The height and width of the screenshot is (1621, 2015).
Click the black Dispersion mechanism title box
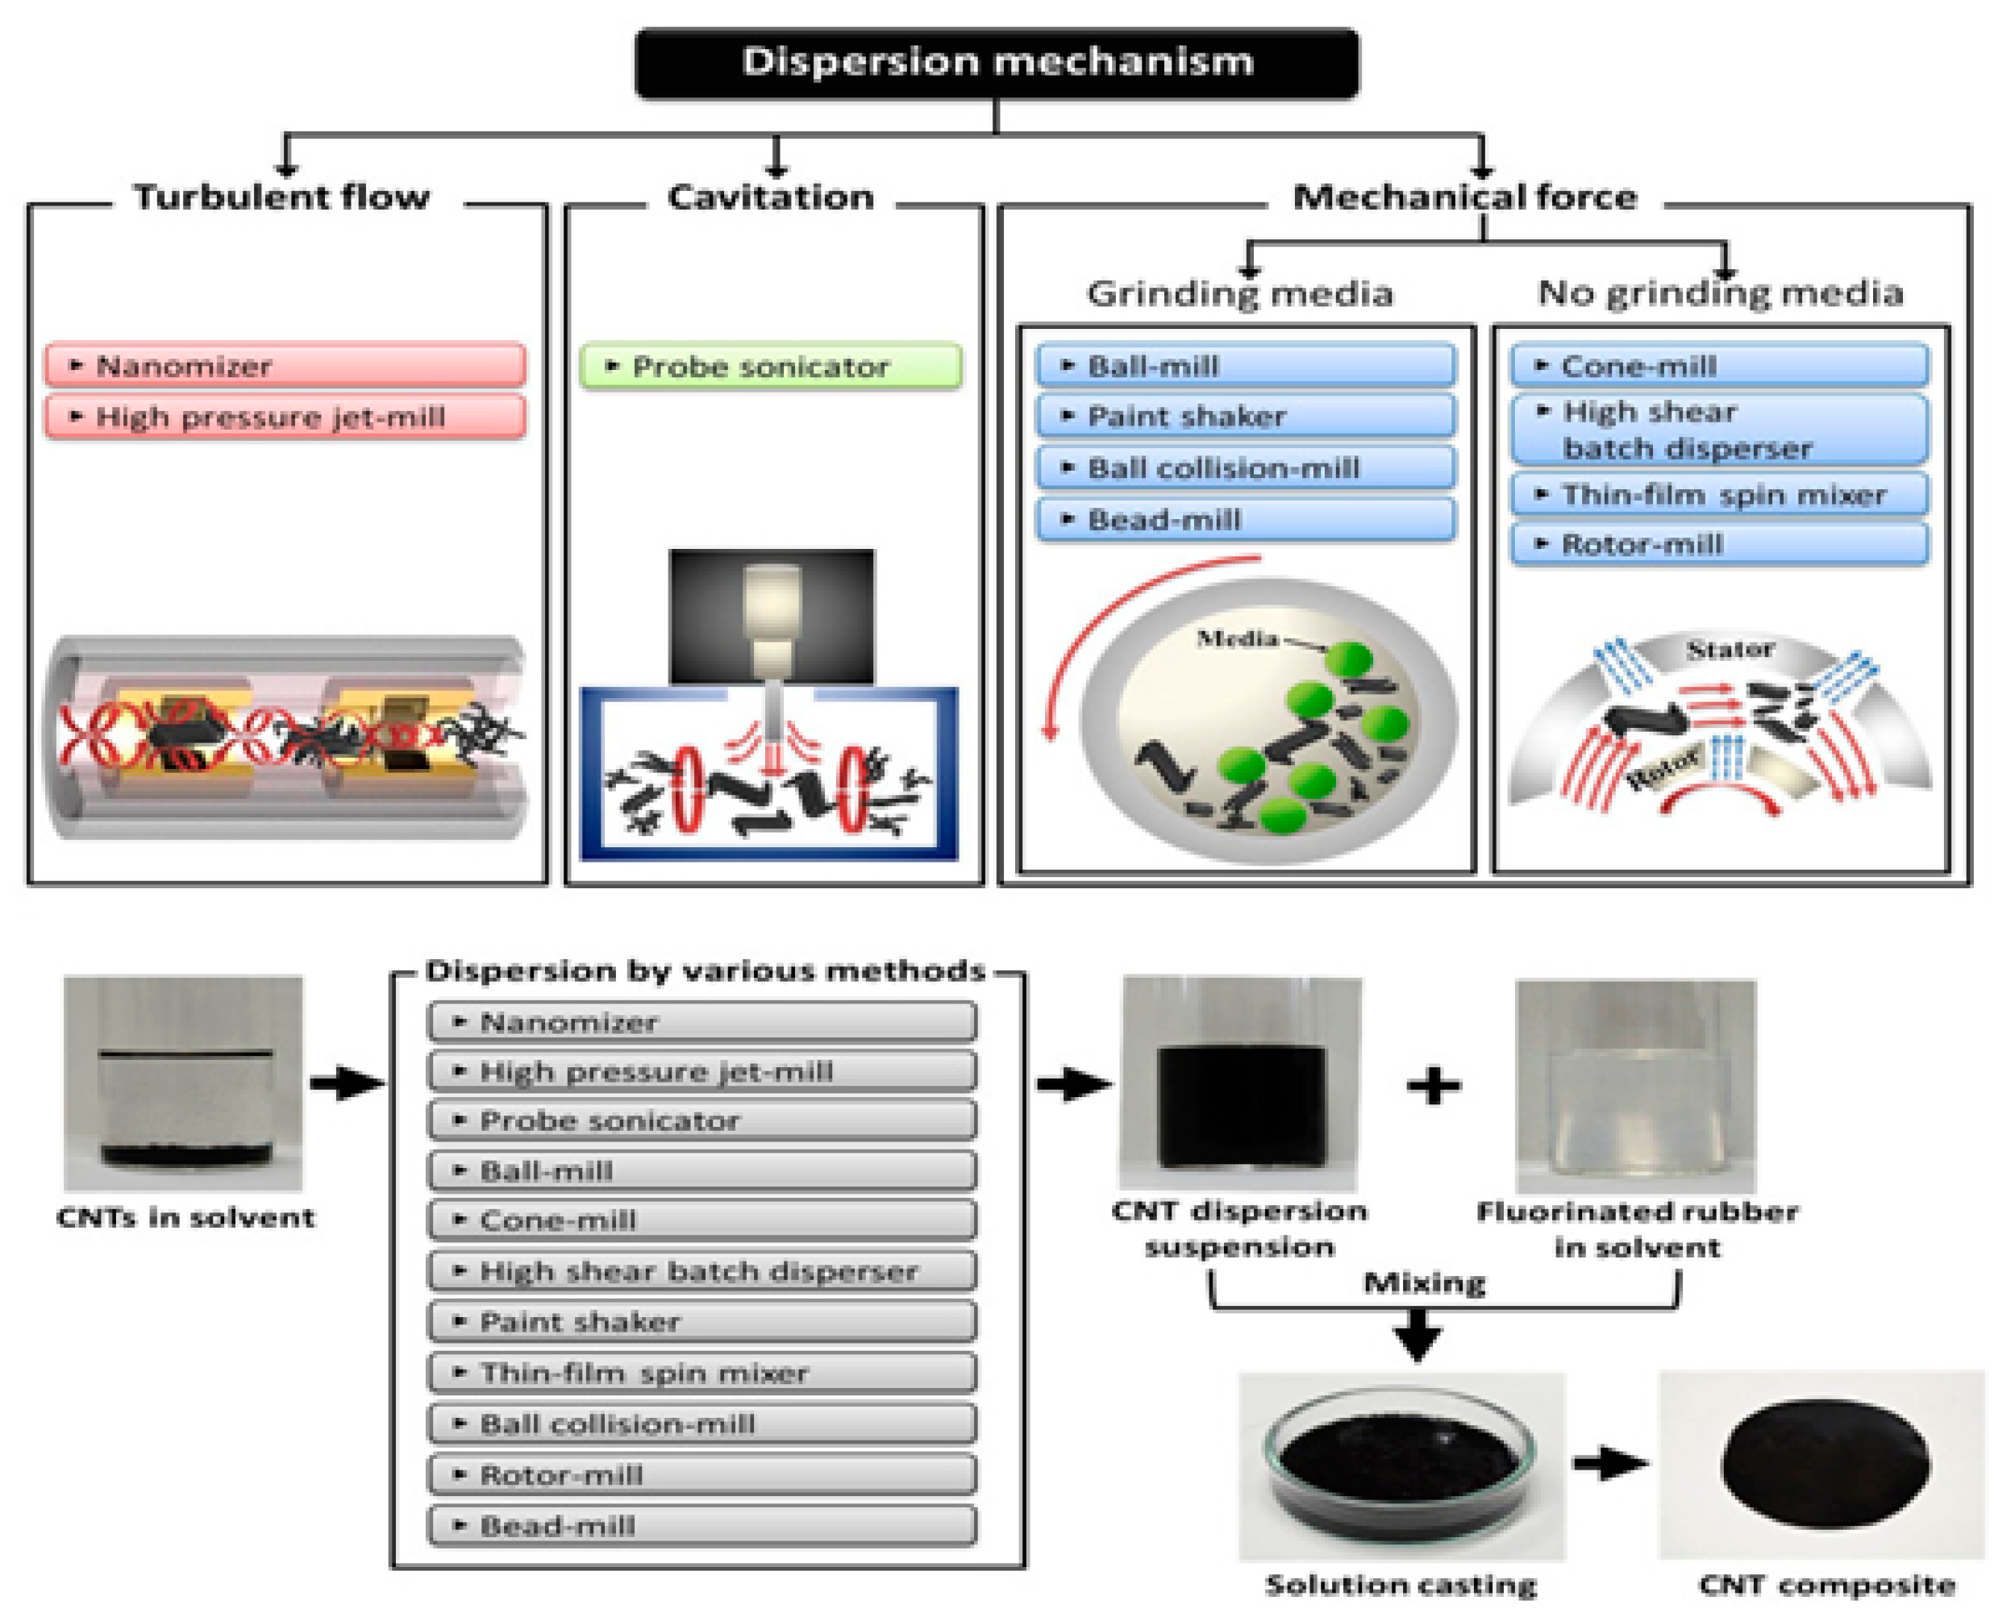997,63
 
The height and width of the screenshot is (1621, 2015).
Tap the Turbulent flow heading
281,197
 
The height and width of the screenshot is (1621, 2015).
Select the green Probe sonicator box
770,366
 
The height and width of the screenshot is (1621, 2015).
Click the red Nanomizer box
285,365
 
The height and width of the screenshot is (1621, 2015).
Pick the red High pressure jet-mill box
285,417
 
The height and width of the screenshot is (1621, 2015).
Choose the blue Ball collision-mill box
1245,468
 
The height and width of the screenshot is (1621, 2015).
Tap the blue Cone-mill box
1720,366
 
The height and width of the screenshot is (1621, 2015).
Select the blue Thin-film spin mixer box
1720,494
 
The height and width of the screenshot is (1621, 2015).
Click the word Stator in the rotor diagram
1729,650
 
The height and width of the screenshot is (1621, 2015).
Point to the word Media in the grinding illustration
1238,639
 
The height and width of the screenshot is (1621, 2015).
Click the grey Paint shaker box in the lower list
702,1322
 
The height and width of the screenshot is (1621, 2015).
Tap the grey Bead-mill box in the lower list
702,1526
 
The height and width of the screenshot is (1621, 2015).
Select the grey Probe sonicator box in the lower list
702,1120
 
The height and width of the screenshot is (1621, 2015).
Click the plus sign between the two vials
1434,1086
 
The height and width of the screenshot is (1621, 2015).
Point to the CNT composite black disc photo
1823,1465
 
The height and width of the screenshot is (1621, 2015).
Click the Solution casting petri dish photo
1400,1467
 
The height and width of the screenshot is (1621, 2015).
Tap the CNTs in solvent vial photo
183,1084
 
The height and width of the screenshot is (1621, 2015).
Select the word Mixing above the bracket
1424,1282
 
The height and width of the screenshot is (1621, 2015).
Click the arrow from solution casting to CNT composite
1610,1464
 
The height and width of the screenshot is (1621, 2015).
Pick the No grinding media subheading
1720,293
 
